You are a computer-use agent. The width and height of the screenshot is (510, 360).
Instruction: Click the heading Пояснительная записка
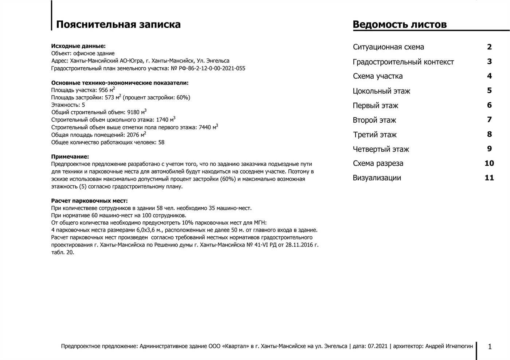pyautogui.click(x=118, y=24)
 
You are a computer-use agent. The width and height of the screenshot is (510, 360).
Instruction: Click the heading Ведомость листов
pyautogui.click(x=400, y=24)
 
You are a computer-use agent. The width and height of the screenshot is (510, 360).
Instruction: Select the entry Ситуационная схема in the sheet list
pyautogui.click(x=388, y=47)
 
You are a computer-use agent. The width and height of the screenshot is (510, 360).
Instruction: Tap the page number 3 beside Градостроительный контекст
pyautogui.click(x=489, y=62)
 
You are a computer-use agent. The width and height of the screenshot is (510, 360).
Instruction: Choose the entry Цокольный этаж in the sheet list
pyautogui.click(x=381, y=91)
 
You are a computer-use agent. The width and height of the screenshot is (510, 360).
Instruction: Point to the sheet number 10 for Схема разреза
pyautogui.click(x=489, y=163)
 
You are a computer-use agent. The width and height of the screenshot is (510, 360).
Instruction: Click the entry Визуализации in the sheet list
pyautogui.click(x=377, y=178)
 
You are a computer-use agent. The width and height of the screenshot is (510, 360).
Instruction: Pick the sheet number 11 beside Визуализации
pyautogui.click(x=489, y=178)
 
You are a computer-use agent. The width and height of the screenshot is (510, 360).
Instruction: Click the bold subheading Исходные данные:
pyautogui.click(x=78, y=46)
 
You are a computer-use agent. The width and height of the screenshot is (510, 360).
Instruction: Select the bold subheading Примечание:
pyautogui.click(x=70, y=157)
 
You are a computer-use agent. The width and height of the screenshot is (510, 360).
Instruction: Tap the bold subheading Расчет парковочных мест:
pyautogui.click(x=89, y=201)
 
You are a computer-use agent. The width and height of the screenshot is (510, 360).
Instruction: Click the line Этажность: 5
pyautogui.click(x=68, y=105)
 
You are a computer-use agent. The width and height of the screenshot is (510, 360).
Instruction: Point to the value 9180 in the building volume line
pyautogui.click(x=133, y=112)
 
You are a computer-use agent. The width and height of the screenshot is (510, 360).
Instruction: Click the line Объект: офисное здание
pyautogui.click(x=83, y=54)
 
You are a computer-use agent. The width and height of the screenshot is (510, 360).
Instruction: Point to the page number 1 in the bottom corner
pyautogui.click(x=490, y=347)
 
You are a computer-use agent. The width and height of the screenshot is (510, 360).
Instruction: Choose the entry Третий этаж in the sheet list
pyautogui.click(x=374, y=135)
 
